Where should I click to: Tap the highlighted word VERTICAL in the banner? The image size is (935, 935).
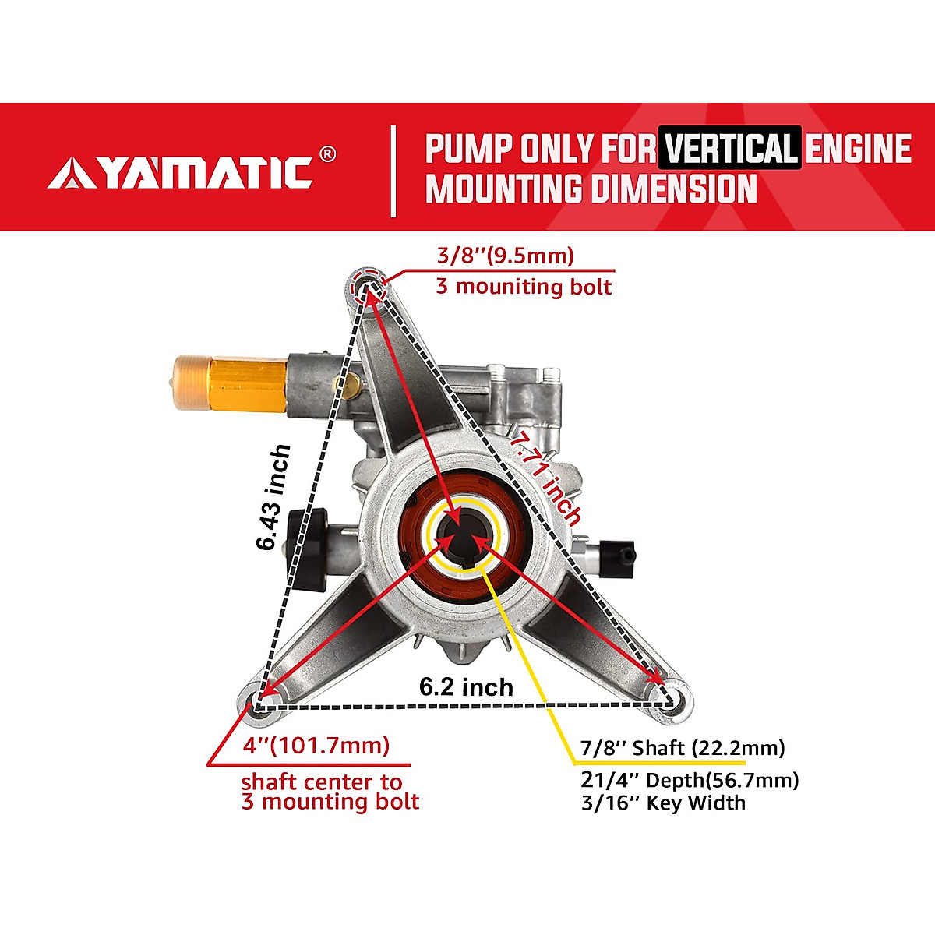[729, 148]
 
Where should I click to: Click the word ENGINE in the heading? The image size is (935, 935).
[858, 148]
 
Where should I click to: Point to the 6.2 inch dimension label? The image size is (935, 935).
[466, 686]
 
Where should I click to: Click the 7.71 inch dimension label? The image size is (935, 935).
[546, 479]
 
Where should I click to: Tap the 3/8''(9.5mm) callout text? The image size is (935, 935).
[505, 256]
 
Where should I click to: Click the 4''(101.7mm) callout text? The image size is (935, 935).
[316, 746]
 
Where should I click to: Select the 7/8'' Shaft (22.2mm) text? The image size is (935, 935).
[682, 748]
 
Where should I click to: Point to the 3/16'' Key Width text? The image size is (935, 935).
[662, 803]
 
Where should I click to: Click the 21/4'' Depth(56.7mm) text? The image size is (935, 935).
[689, 780]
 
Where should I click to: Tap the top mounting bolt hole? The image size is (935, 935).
[367, 287]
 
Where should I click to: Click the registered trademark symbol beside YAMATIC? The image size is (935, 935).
[328, 153]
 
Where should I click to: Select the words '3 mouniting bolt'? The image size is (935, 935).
[524, 286]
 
